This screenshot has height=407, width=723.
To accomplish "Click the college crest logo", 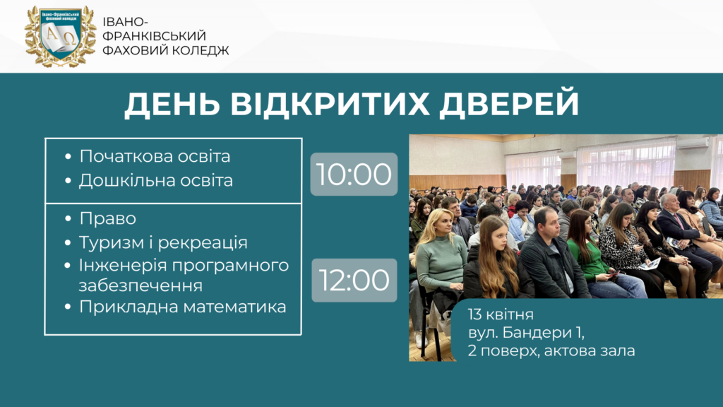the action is (61, 36).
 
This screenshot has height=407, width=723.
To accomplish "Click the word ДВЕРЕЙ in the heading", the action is (509, 104).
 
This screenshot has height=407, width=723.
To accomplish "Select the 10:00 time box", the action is (354, 174).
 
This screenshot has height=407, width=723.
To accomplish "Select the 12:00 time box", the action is (354, 280).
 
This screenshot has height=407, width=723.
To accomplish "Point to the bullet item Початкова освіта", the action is (155, 156).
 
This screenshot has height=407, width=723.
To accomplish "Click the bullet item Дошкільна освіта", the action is (156, 180).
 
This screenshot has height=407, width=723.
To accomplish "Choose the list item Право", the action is (108, 218).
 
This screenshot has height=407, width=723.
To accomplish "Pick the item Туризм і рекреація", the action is (163, 242).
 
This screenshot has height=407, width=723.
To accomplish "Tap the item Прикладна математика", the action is (183, 307).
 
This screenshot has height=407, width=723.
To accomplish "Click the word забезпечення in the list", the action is (141, 285).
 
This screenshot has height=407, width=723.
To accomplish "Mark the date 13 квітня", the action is (501, 314).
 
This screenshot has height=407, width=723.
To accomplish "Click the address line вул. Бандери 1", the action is (526, 333).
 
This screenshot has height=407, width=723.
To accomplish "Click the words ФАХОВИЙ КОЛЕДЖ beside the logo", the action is (165, 50).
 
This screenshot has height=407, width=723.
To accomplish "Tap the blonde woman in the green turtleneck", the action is (441, 263).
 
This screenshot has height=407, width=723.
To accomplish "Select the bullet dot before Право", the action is (68, 218).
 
